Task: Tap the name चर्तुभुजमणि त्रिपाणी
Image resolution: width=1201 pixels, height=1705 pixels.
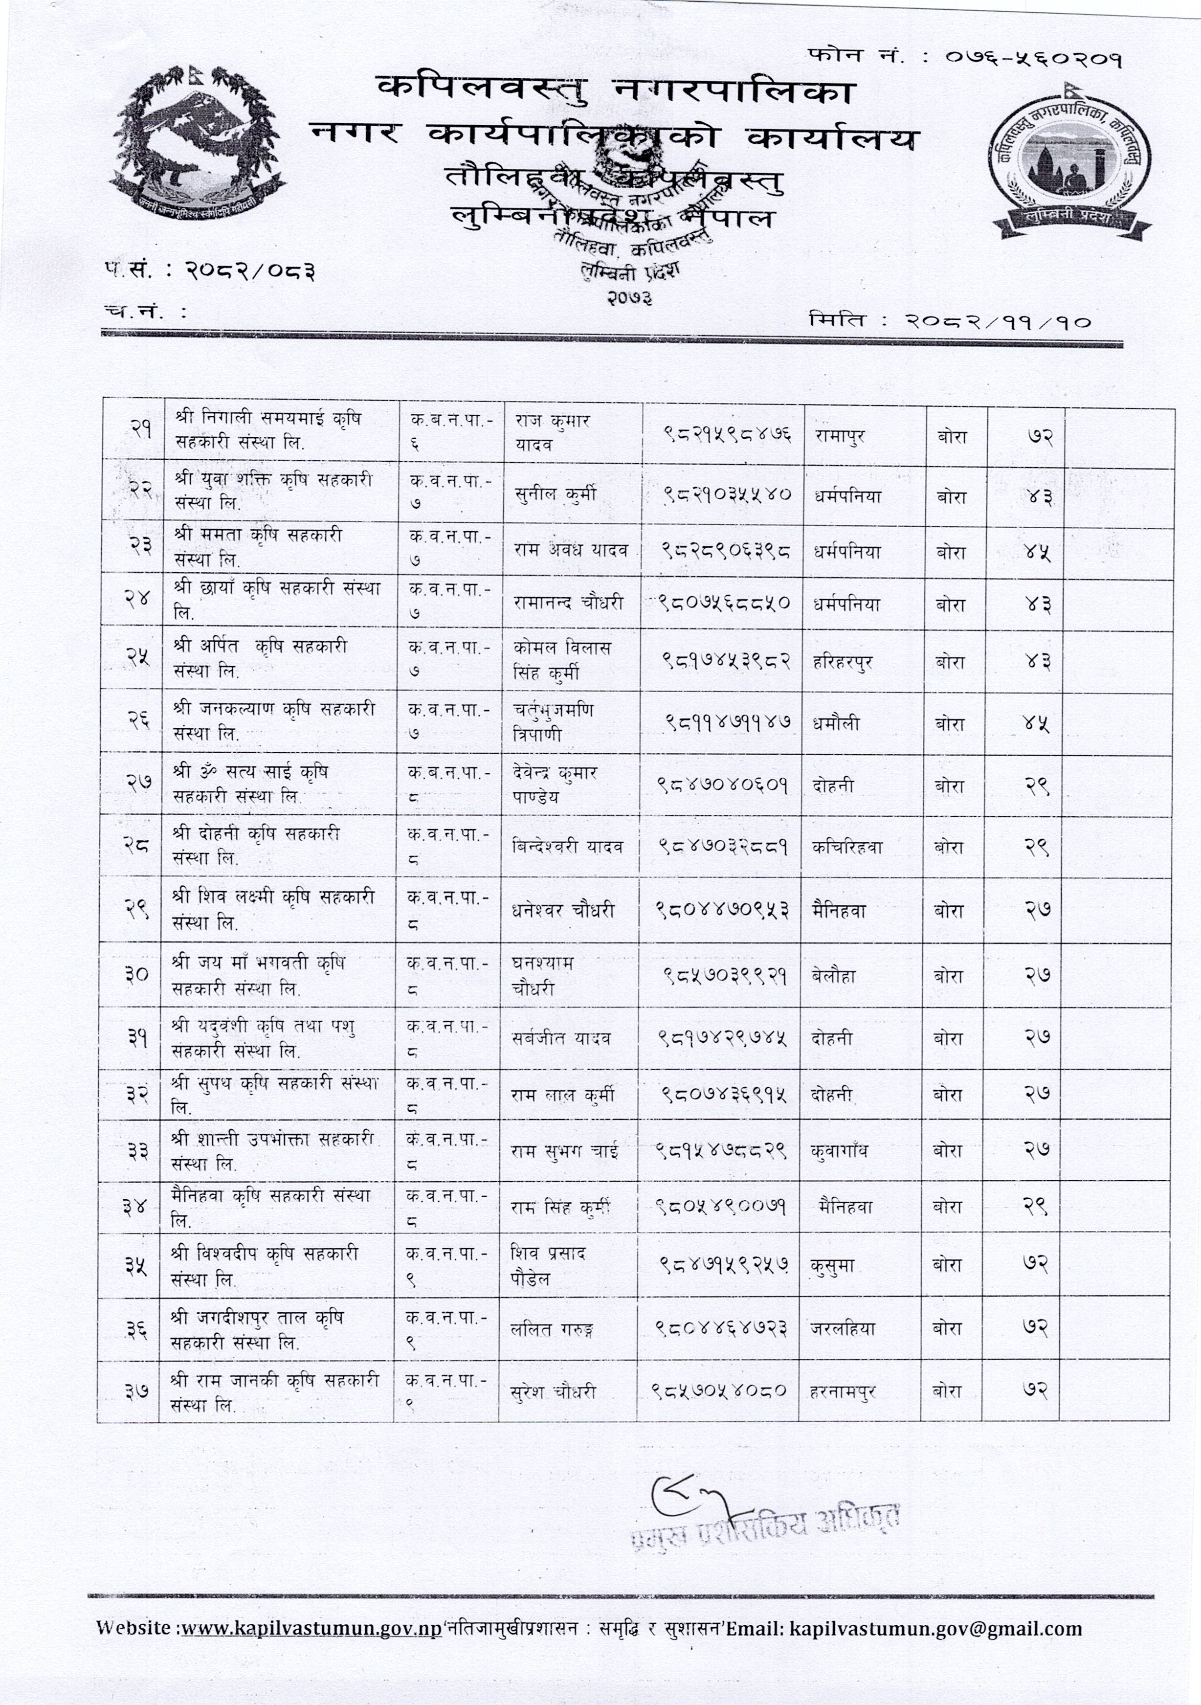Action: [x=553, y=722]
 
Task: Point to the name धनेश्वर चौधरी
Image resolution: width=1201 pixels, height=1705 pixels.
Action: [x=563, y=910]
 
